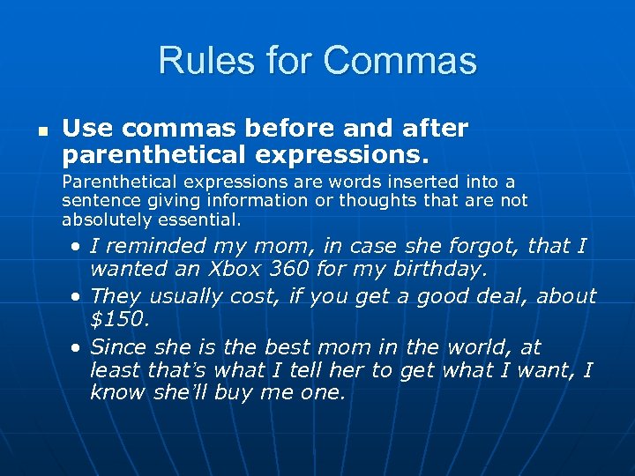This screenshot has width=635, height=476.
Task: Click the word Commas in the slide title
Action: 400,61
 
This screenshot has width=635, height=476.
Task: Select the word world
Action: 482,346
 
